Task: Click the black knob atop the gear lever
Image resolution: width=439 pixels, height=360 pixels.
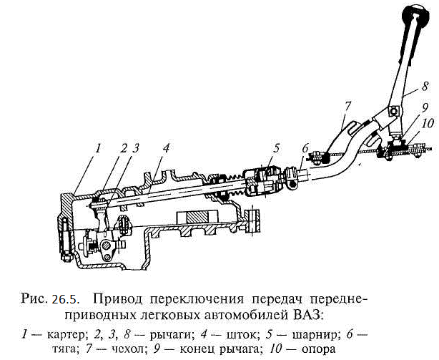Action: (416, 16)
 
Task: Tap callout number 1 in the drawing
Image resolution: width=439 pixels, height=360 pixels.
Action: (97, 148)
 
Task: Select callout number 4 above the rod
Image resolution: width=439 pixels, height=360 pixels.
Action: (166, 148)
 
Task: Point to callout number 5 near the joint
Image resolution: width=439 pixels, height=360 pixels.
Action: (276, 148)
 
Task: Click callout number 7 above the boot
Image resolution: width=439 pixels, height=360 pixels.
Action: (347, 106)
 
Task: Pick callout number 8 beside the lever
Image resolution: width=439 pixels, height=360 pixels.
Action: (425, 86)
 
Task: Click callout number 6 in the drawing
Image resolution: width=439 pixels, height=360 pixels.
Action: (305, 148)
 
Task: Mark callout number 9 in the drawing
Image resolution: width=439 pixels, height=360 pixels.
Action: (425, 107)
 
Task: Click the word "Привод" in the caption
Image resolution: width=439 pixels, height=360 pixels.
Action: (117, 299)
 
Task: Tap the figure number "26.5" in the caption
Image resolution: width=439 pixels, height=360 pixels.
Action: (64, 299)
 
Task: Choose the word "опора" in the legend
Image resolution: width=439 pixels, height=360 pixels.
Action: (318, 350)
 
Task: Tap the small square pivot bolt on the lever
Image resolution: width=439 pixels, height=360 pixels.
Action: (394, 112)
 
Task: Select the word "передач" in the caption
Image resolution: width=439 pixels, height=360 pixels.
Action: (277, 300)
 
